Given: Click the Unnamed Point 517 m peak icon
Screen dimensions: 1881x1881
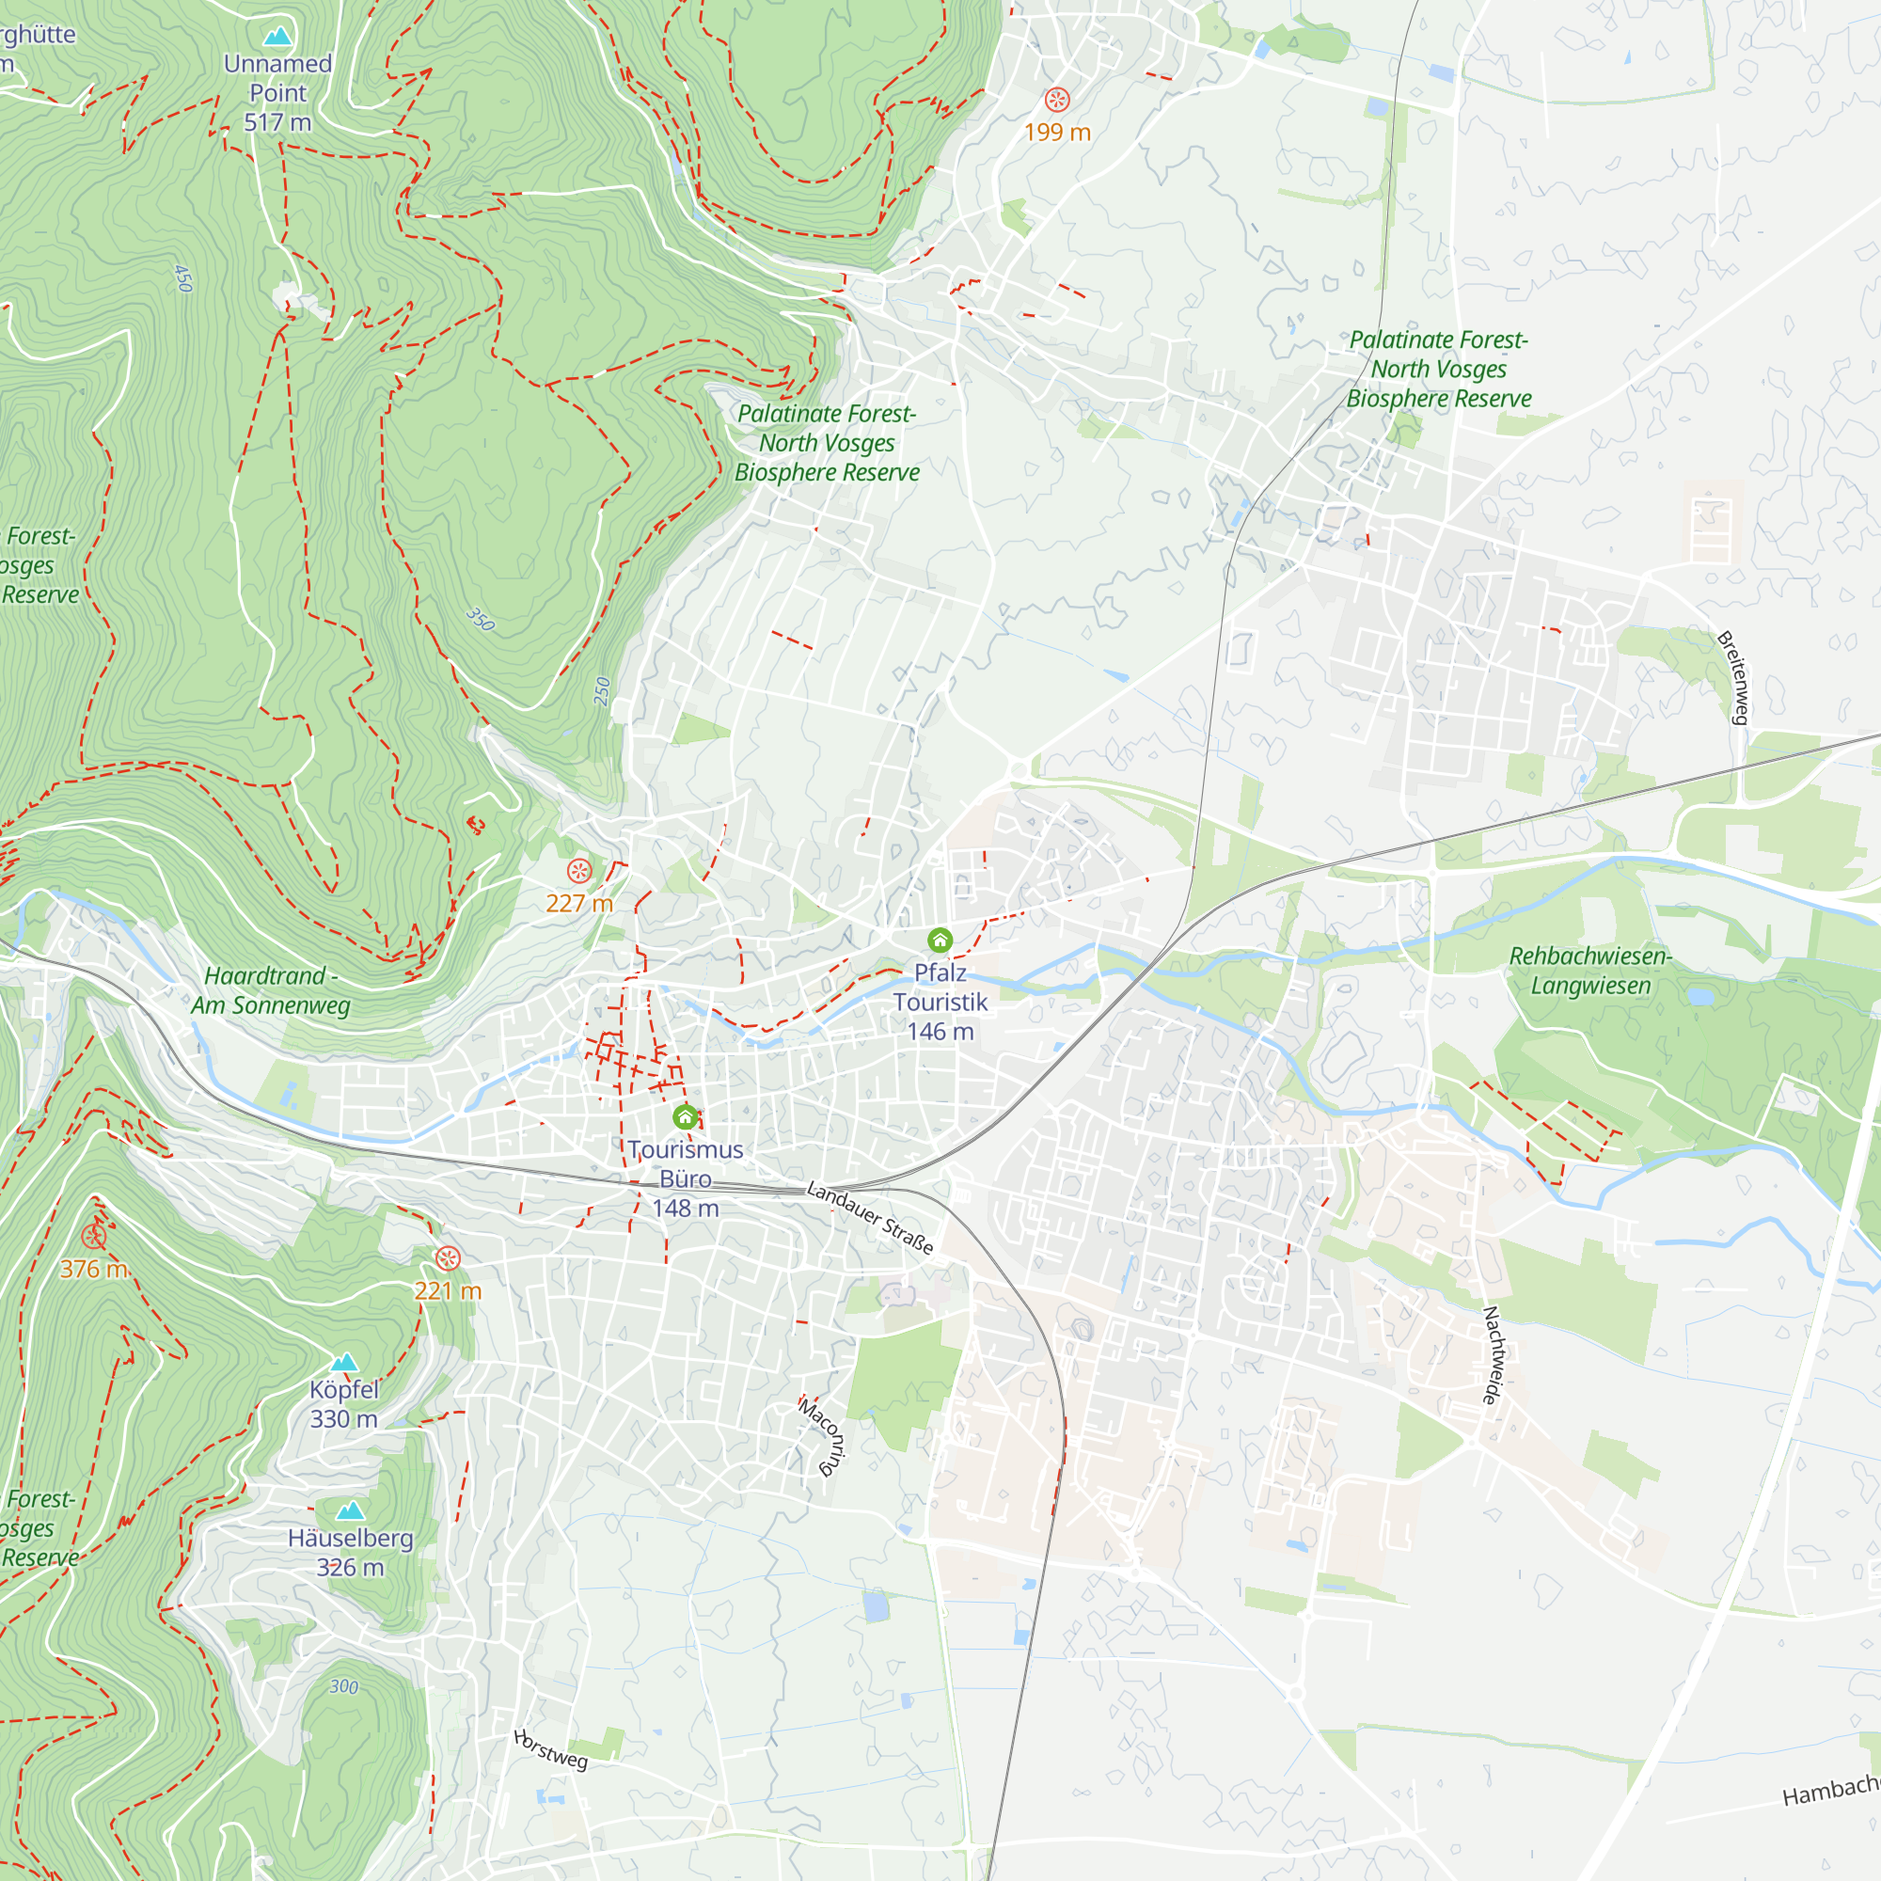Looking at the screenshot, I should click(x=277, y=37).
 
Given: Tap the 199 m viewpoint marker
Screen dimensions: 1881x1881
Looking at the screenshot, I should click(x=1057, y=100).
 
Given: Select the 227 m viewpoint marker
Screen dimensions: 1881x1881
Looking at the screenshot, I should click(x=579, y=870).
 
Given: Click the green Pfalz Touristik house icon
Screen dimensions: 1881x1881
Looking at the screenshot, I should click(x=940, y=940).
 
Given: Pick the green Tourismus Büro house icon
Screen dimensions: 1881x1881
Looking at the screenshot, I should click(x=686, y=1115).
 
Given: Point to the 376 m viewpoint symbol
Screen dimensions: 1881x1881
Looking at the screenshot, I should click(x=93, y=1237).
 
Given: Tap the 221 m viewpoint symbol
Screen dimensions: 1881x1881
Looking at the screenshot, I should click(x=447, y=1257).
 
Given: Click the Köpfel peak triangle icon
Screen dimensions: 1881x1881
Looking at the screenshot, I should click(x=343, y=1362).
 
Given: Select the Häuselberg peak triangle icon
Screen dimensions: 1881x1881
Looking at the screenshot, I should click(x=351, y=1510).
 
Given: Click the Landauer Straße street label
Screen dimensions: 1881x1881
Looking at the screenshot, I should click(x=870, y=1218).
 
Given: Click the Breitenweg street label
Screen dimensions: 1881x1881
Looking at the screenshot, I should click(x=1733, y=677).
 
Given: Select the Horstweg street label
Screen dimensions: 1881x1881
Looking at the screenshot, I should click(x=551, y=1750).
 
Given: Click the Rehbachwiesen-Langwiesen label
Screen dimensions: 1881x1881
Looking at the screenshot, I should click(x=1589, y=971).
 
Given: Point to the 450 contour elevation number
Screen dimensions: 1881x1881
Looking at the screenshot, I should click(x=183, y=278).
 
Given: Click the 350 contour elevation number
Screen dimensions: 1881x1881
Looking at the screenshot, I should click(x=480, y=619).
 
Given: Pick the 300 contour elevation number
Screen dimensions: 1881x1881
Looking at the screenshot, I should click(x=343, y=1687).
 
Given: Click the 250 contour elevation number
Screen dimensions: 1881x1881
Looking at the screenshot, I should click(x=602, y=691).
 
